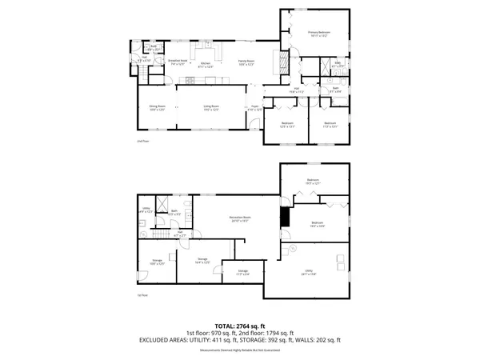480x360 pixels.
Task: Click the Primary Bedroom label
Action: click(x=319, y=33)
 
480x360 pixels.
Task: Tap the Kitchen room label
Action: click(x=206, y=63)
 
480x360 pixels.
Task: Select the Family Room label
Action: click(x=246, y=62)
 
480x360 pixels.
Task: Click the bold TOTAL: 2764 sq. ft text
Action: click(x=240, y=326)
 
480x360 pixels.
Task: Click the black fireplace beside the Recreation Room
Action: click(x=283, y=217)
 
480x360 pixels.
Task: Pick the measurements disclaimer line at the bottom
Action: click(x=240, y=348)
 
